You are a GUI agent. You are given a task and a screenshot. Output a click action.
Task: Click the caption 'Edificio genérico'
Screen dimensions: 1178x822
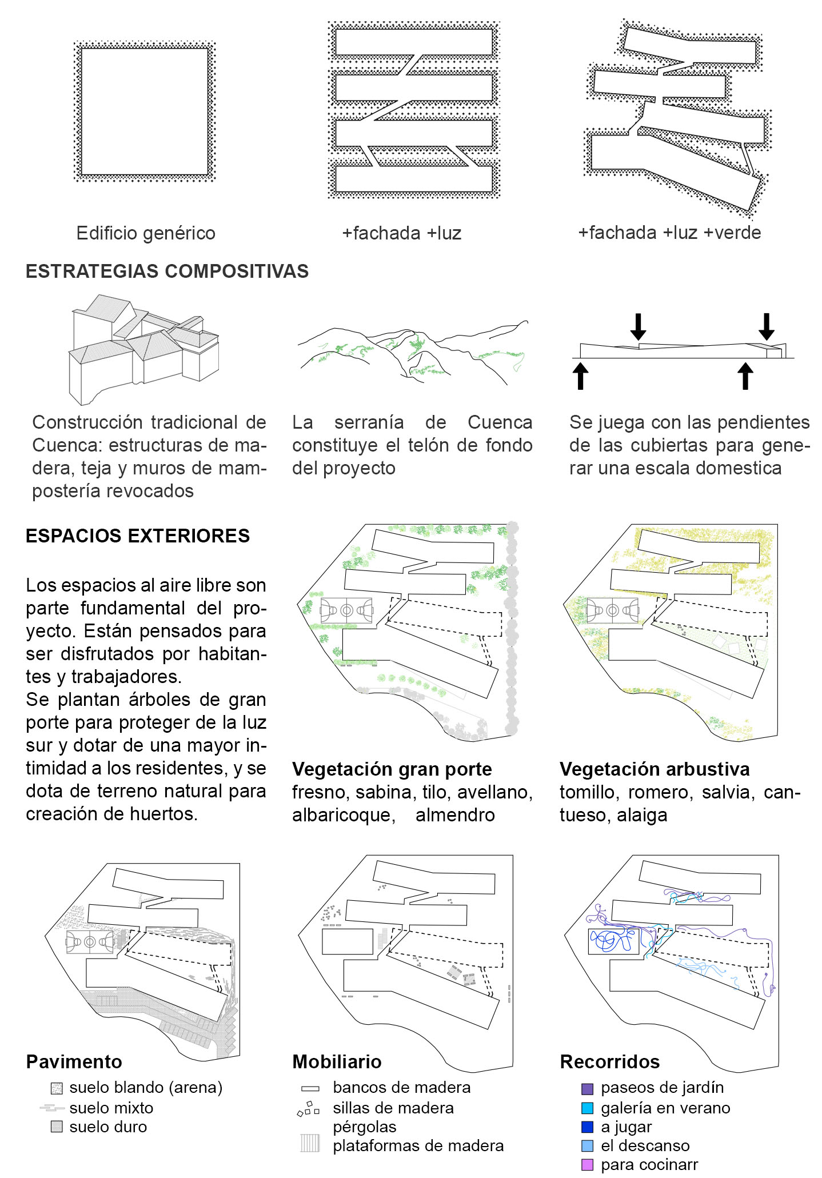[146, 233]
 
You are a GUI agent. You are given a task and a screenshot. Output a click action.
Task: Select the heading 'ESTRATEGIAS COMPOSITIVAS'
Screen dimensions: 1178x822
[167, 271]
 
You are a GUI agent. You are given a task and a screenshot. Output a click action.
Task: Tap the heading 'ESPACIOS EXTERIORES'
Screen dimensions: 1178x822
[138, 536]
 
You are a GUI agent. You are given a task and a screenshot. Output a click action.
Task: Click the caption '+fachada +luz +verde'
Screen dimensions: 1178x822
[669, 233]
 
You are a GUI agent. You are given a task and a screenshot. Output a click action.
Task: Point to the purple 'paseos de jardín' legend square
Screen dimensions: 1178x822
[587, 1089]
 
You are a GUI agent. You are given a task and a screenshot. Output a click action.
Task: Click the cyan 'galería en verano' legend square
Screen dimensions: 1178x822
[587, 1108]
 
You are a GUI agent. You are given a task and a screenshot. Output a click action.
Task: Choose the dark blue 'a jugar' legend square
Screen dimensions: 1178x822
[587, 1127]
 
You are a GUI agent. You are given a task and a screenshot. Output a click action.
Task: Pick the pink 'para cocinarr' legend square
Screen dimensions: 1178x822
[587, 1164]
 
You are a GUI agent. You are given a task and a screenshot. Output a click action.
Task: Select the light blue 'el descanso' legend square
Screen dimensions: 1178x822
[587, 1145]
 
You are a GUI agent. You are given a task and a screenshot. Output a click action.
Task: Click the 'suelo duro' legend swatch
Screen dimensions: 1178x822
[56, 1127]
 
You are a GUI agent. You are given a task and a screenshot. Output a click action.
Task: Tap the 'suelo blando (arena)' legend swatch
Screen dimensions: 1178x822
[56, 1088]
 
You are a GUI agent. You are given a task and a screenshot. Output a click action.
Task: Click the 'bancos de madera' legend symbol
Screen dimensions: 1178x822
[310, 1088]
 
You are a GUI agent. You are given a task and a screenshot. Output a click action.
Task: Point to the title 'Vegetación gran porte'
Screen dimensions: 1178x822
[392, 769]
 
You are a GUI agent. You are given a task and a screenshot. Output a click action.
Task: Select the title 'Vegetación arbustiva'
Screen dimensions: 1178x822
[655, 769]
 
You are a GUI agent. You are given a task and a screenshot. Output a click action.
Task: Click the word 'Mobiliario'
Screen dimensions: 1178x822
[337, 1061]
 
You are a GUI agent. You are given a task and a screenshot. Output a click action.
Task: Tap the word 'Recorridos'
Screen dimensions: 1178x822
[610, 1061]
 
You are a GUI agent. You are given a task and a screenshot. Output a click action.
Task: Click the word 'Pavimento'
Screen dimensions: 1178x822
[74, 1061]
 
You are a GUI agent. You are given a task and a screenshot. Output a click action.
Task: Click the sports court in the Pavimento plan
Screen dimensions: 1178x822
[90, 941]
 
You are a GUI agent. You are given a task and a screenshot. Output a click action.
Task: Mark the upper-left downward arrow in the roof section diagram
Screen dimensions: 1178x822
[638, 326]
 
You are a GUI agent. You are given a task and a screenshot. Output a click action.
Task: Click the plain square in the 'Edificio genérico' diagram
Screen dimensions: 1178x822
[145, 111]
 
